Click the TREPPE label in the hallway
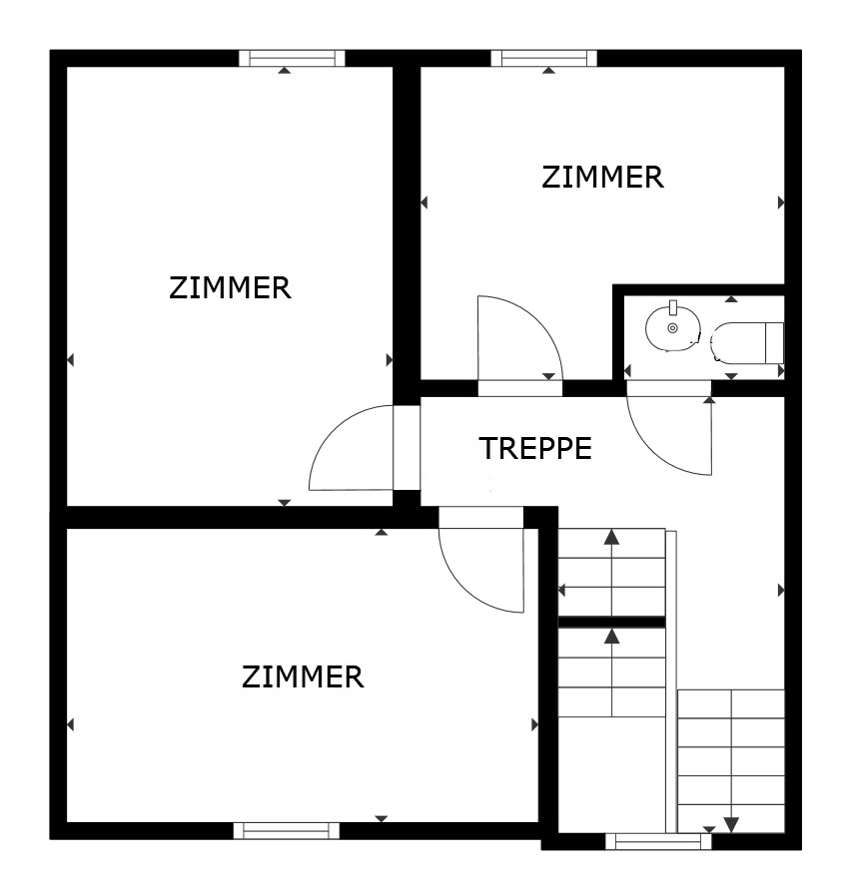pos(535,449)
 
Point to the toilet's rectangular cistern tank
pos(774,342)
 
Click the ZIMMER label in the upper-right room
pos(602,178)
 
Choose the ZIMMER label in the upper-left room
pos(230,288)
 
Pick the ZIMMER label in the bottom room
pos(302,677)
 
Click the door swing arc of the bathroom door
pos(669,439)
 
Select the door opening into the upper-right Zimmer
pos(519,339)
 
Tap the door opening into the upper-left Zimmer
pos(350,449)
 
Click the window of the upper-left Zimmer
pos(292,58)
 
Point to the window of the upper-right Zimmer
pos(543,58)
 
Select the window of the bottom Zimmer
pos(286,830)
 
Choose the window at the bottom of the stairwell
pos(658,841)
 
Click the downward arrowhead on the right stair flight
pos(731,824)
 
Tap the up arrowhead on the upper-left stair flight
pos(611,538)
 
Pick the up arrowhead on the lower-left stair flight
pos(611,635)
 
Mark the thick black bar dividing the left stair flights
pos(611,622)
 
